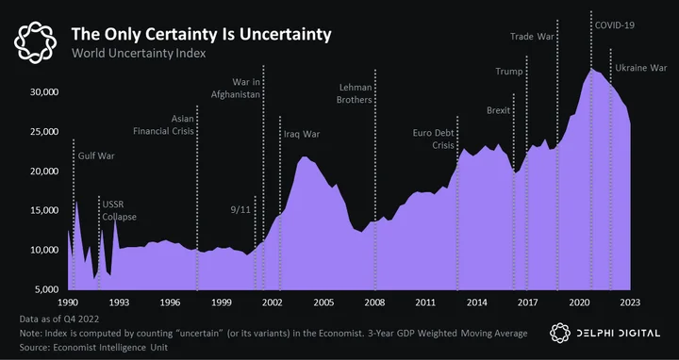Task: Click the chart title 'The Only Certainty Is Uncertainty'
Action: [x=202, y=34]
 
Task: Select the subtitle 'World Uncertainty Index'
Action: [x=139, y=54]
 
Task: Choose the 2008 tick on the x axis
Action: [x=375, y=303]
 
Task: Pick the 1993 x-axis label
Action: [x=119, y=303]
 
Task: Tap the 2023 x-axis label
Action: [x=630, y=303]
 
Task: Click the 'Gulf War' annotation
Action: [x=96, y=155]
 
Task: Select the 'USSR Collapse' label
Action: [x=119, y=211]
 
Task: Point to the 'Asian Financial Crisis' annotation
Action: [x=164, y=124]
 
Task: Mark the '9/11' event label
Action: [x=240, y=210]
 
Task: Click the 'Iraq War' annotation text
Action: [x=302, y=134]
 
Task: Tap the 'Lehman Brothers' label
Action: [x=355, y=93]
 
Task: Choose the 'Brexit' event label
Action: [x=499, y=110]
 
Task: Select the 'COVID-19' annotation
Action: [x=615, y=25]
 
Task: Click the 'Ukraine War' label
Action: [x=641, y=68]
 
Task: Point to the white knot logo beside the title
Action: [x=35, y=42]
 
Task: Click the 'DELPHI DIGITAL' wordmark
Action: [x=618, y=334]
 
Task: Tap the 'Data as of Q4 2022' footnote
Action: [x=59, y=319]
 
